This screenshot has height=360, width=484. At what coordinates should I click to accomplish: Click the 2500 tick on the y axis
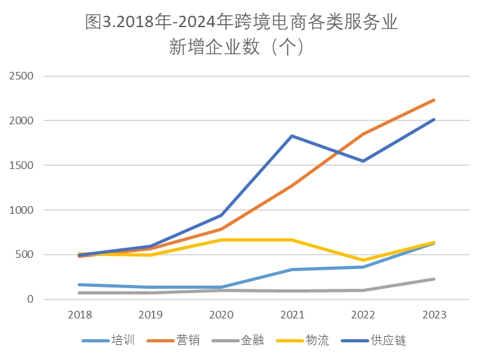coord(21,76)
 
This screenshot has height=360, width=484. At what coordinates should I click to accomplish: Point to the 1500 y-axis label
coord(21,165)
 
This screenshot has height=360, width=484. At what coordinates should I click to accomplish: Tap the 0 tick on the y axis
coord(30,299)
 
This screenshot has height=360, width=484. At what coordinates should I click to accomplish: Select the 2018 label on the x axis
coord(80,314)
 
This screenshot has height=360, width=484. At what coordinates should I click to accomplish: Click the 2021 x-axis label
coord(292,314)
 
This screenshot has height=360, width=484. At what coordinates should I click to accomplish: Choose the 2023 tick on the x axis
coord(434,314)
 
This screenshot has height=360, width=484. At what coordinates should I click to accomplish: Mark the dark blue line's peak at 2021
coord(292,136)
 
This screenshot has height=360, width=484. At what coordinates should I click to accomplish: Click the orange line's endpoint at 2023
coord(434,100)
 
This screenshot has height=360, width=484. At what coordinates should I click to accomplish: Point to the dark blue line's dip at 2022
coord(363,161)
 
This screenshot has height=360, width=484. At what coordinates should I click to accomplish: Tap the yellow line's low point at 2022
coord(363,260)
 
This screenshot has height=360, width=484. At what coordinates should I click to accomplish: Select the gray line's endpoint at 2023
coord(434,279)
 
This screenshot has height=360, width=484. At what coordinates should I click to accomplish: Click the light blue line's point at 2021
coord(292,270)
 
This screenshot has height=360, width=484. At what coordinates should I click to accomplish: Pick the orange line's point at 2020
coord(221,229)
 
